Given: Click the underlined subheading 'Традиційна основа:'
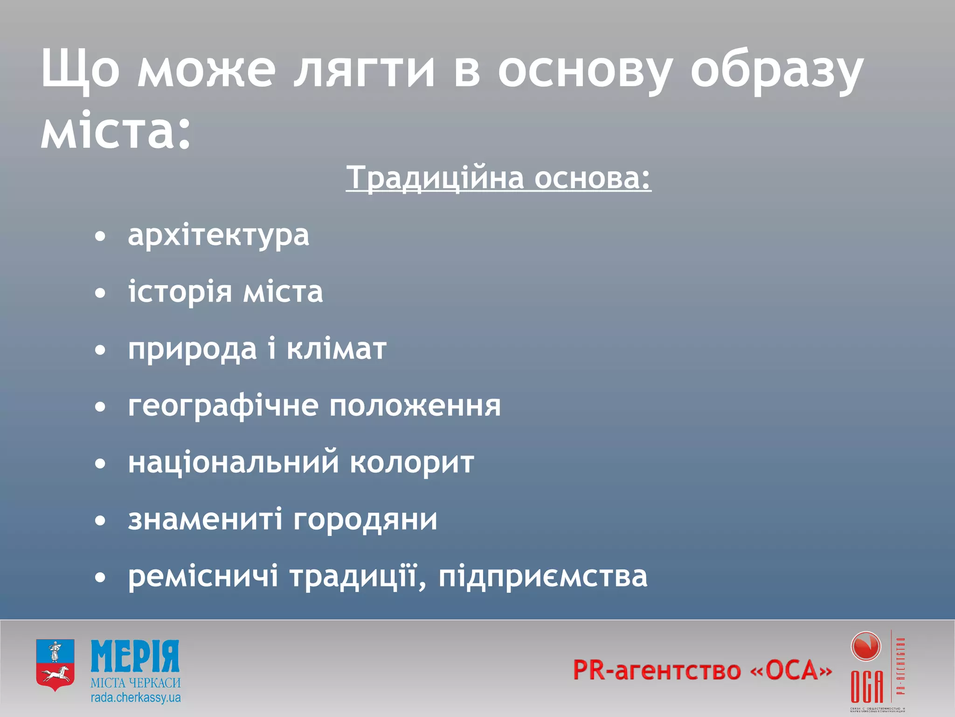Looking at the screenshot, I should pos(498,178).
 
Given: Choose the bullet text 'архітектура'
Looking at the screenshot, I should pos(218,235).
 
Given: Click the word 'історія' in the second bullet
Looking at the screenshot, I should pos(180,292).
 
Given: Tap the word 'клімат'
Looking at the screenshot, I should pos(336,348).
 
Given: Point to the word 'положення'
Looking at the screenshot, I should pos(415,405).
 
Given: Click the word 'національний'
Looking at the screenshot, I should pos(233,462).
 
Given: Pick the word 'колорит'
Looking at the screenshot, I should pos(412,462).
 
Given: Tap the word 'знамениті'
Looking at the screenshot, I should pos(205,519).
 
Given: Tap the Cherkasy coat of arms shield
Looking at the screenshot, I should pos(55,665).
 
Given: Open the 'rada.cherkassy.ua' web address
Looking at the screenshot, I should pos(136,698).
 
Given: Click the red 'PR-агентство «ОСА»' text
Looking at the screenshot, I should pos(702,670).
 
